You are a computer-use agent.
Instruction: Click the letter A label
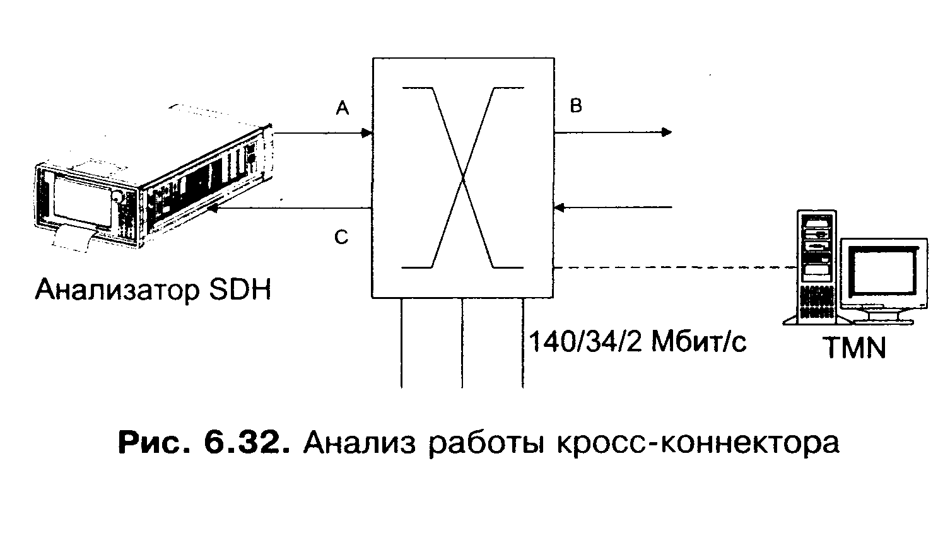click(x=343, y=109)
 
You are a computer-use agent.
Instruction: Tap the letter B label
click(x=576, y=106)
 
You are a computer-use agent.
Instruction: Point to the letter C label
click(x=341, y=238)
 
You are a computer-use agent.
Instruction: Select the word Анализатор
click(x=116, y=290)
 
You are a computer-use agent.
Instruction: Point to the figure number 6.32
click(x=242, y=443)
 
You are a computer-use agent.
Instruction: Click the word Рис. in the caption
click(x=155, y=443)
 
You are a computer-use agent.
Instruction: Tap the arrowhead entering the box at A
click(x=366, y=133)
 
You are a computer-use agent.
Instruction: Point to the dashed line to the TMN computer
click(x=672, y=267)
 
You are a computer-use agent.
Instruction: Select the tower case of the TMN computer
click(x=816, y=265)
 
